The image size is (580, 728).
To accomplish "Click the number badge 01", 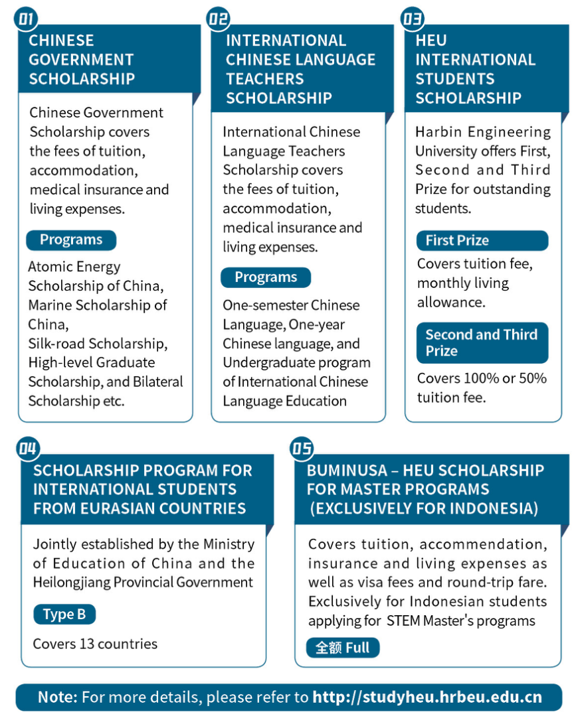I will [x=26, y=19].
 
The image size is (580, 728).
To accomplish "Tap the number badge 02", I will [x=219, y=19].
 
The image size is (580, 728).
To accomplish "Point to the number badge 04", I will [x=28, y=449].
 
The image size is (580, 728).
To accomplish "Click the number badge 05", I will [x=302, y=449].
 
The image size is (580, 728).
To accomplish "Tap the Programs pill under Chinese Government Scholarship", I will [x=71, y=240].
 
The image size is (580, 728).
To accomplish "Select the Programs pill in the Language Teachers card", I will [x=266, y=277].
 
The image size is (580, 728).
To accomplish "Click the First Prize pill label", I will [x=457, y=240].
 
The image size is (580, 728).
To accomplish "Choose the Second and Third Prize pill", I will [x=482, y=342].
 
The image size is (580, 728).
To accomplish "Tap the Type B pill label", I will [x=64, y=615].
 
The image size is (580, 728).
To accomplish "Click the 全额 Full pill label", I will [x=343, y=647].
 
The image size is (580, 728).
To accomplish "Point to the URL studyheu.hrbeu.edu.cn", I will [x=427, y=697].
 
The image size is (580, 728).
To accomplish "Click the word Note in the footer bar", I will [x=58, y=697].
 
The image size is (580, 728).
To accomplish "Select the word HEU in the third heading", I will [x=431, y=40].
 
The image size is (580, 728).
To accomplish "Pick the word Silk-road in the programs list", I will [x=57, y=344].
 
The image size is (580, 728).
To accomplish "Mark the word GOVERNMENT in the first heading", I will [x=81, y=60].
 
